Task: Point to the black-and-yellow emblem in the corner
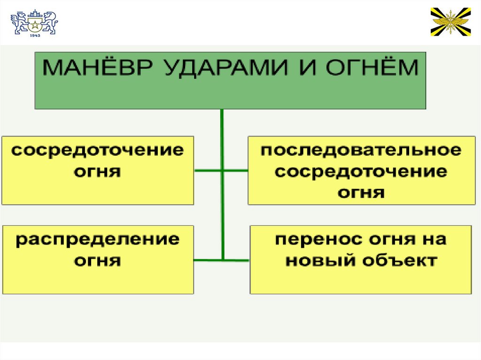[450, 22]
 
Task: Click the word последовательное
[361, 151]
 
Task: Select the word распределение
[98, 239]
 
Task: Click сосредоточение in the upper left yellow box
[98, 151]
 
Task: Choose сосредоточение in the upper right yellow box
[361, 172]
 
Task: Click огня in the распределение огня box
[98, 260]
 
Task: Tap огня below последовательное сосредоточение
[361, 192]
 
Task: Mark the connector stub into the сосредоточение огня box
[208, 170]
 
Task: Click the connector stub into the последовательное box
[236, 170]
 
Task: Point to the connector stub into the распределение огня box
[208, 259]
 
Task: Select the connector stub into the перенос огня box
[237, 259]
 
